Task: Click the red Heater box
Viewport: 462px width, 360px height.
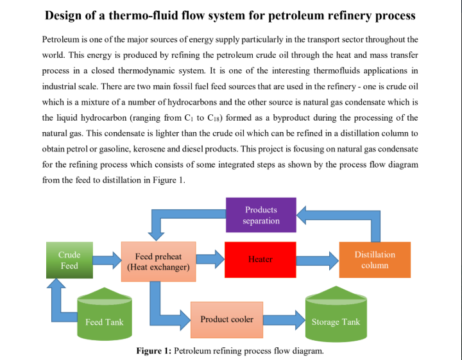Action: [x=260, y=259]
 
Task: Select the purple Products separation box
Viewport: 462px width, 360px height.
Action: [x=261, y=215]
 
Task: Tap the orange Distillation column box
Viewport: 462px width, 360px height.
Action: [x=374, y=259]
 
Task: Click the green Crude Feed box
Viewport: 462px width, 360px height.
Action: [x=69, y=260]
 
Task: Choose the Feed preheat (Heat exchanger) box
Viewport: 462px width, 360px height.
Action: [x=158, y=261]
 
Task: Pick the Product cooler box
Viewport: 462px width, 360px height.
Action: [x=227, y=319]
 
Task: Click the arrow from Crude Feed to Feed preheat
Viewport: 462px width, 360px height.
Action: [x=107, y=260]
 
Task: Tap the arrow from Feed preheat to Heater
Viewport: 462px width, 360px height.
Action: [x=209, y=259]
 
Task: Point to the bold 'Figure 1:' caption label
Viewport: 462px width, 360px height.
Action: [x=153, y=351]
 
